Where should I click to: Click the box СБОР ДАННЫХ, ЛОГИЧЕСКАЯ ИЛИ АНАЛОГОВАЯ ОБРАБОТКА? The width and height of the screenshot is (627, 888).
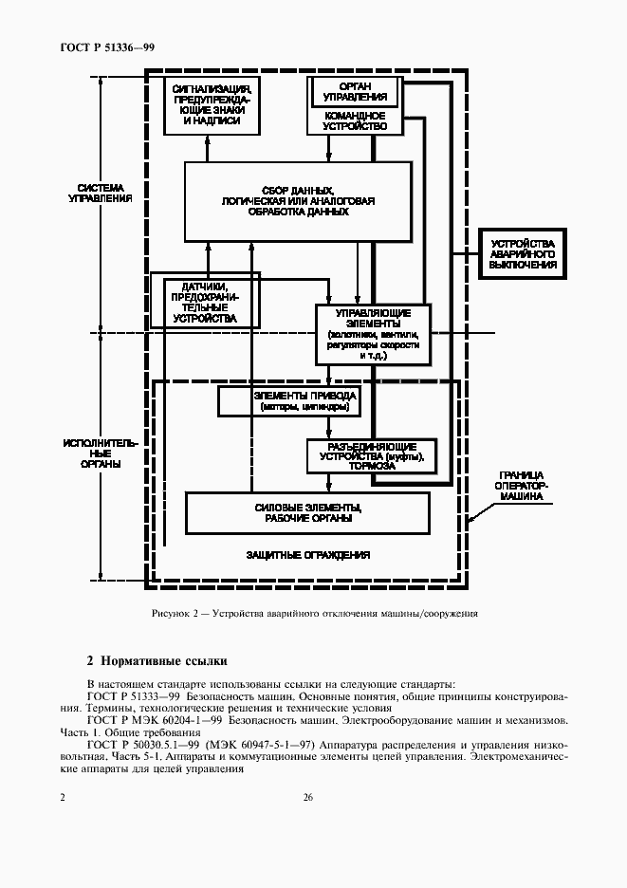(x=298, y=201)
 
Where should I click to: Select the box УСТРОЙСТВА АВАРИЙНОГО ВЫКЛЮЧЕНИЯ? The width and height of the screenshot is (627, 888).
(x=523, y=253)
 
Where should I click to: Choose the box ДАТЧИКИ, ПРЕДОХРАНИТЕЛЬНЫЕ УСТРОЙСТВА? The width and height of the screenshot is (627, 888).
(x=204, y=303)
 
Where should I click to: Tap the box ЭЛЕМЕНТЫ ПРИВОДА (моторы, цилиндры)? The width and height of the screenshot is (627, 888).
(x=289, y=401)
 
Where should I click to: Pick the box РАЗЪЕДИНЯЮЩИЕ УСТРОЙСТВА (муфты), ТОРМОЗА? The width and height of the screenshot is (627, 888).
(x=366, y=456)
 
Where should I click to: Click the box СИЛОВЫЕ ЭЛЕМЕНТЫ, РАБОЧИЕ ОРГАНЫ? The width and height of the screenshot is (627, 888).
(x=308, y=512)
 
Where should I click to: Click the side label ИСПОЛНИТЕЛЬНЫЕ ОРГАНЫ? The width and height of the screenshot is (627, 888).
(x=101, y=453)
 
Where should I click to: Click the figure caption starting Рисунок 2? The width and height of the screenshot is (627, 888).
(x=314, y=613)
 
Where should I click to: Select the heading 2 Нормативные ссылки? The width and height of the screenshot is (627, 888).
(x=157, y=660)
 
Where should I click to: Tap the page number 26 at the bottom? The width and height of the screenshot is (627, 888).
(x=308, y=797)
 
